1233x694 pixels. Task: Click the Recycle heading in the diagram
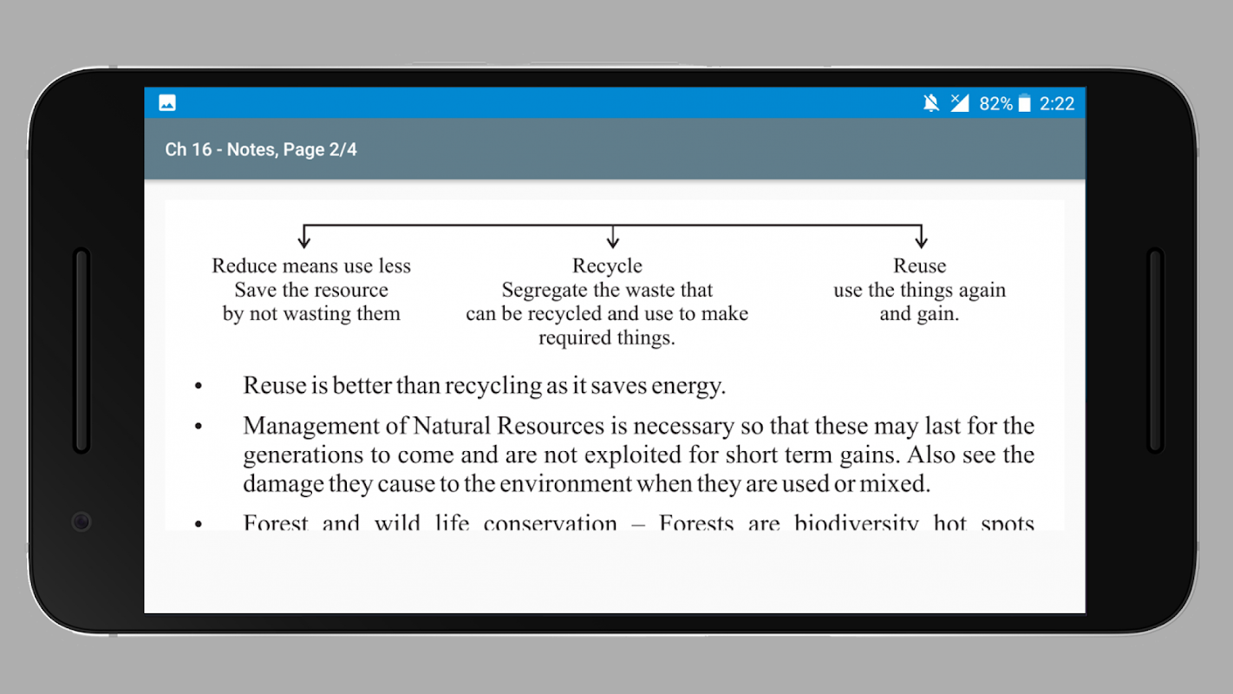[x=607, y=266]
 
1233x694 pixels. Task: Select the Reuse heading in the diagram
[x=920, y=266]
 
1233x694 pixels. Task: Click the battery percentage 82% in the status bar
[x=995, y=104]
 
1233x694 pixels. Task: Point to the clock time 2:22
[x=1057, y=104]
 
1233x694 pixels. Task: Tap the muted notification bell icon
[x=931, y=104]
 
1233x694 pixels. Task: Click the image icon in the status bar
[x=167, y=103]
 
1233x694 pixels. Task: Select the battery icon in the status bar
[x=1025, y=104]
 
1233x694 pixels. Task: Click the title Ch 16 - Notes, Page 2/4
[x=261, y=149]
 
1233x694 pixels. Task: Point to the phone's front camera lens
[x=82, y=521]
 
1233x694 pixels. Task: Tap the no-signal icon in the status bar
[x=959, y=104]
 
